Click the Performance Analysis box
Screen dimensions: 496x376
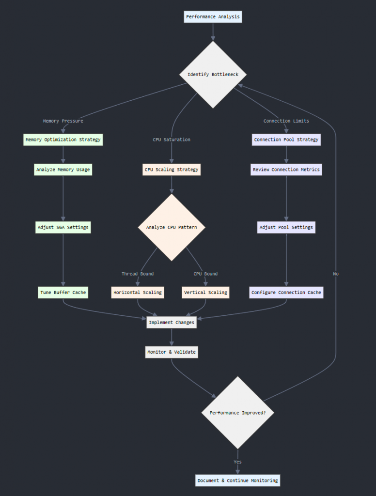213,17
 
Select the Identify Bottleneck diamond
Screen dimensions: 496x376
213,75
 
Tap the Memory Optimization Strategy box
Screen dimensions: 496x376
63,139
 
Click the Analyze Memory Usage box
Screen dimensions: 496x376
63,170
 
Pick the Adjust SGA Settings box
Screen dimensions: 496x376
63,227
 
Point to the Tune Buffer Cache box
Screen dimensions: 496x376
63,293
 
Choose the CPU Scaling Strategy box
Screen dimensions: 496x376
172,170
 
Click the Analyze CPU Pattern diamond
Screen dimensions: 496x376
172,227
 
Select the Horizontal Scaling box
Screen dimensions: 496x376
138,293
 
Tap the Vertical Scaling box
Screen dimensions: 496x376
205,293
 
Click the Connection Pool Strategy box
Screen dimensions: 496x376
286,139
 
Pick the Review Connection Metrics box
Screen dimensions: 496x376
286,170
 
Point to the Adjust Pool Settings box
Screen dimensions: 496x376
286,227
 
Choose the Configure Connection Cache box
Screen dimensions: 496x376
286,293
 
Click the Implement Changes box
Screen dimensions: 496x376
172,322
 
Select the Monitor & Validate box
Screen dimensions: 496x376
172,352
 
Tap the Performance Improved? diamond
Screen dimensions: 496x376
237,413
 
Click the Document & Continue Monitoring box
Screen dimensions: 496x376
237,480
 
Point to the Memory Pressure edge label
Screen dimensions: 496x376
63,121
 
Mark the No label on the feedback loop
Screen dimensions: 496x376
336,274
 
